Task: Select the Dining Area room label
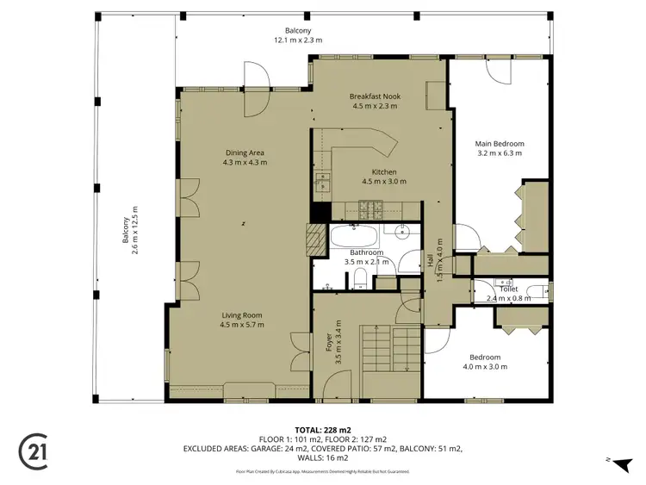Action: tap(245, 152)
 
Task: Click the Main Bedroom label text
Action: tap(500, 144)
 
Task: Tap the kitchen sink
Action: tap(324, 182)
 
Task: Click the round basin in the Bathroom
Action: tap(401, 231)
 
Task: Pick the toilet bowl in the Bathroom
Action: tap(362, 277)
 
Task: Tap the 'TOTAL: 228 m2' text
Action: tap(323, 428)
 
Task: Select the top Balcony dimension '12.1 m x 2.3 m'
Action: tap(298, 40)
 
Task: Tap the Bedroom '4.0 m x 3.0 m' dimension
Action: tap(485, 366)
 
